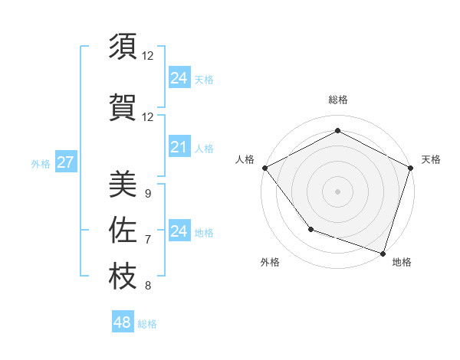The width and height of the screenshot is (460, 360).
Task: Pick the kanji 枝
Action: pyautogui.click(x=123, y=277)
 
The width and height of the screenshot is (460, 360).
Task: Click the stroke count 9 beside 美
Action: pyautogui.click(x=147, y=194)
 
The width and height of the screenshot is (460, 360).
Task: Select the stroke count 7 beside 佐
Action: pyautogui.click(x=147, y=240)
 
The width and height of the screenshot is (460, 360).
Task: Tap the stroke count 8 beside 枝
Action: pyautogui.click(x=147, y=286)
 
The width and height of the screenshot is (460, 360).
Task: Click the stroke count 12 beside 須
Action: pyautogui.click(x=147, y=56)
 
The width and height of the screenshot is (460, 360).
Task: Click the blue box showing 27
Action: pyautogui.click(x=65, y=162)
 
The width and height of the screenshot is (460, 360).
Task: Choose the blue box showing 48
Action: pyautogui.click(x=122, y=322)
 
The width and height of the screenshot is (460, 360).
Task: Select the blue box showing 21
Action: pyautogui.click(x=179, y=147)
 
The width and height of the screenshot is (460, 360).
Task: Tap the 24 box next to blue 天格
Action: pyautogui.click(x=179, y=78)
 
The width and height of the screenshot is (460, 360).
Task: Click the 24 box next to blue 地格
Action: pyautogui.click(x=179, y=231)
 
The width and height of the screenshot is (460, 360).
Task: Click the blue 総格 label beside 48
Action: pyautogui.click(x=147, y=324)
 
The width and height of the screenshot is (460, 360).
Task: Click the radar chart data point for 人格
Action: pyautogui.click(x=264, y=167)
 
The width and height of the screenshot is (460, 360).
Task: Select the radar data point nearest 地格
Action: pyautogui.click(x=383, y=253)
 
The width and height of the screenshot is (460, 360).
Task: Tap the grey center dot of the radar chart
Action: pyautogui.click(x=337, y=191)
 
